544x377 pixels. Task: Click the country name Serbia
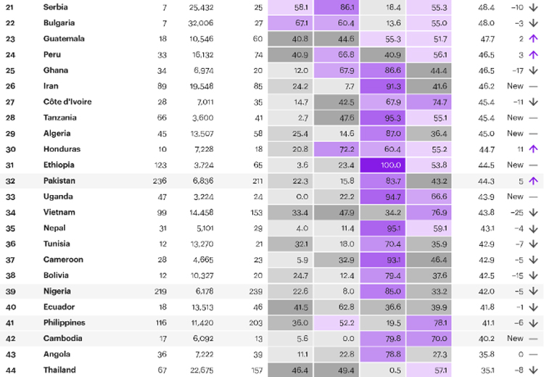click(x=56, y=7)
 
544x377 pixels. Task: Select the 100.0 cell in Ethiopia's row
click(x=382, y=165)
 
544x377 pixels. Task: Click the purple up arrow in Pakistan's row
click(x=532, y=181)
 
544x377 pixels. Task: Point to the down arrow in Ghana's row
click(x=532, y=70)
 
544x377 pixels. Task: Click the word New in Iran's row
click(x=515, y=86)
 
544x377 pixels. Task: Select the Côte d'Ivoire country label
click(x=67, y=102)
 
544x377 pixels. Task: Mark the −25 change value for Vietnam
click(x=515, y=212)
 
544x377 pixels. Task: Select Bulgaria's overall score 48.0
click(x=487, y=22)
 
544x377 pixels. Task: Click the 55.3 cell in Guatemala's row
click(x=382, y=38)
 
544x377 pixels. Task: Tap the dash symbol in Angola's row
click(x=532, y=355)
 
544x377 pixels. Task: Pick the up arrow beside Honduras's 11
click(x=532, y=149)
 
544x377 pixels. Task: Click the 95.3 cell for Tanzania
click(x=382, y=117)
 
